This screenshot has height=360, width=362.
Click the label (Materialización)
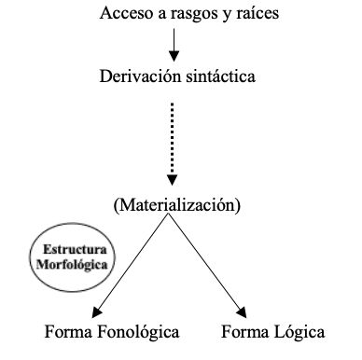tap(175, 202)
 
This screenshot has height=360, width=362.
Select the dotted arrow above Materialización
tap(174, 140)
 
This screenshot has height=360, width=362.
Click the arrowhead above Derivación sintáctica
tap(174, 56)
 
